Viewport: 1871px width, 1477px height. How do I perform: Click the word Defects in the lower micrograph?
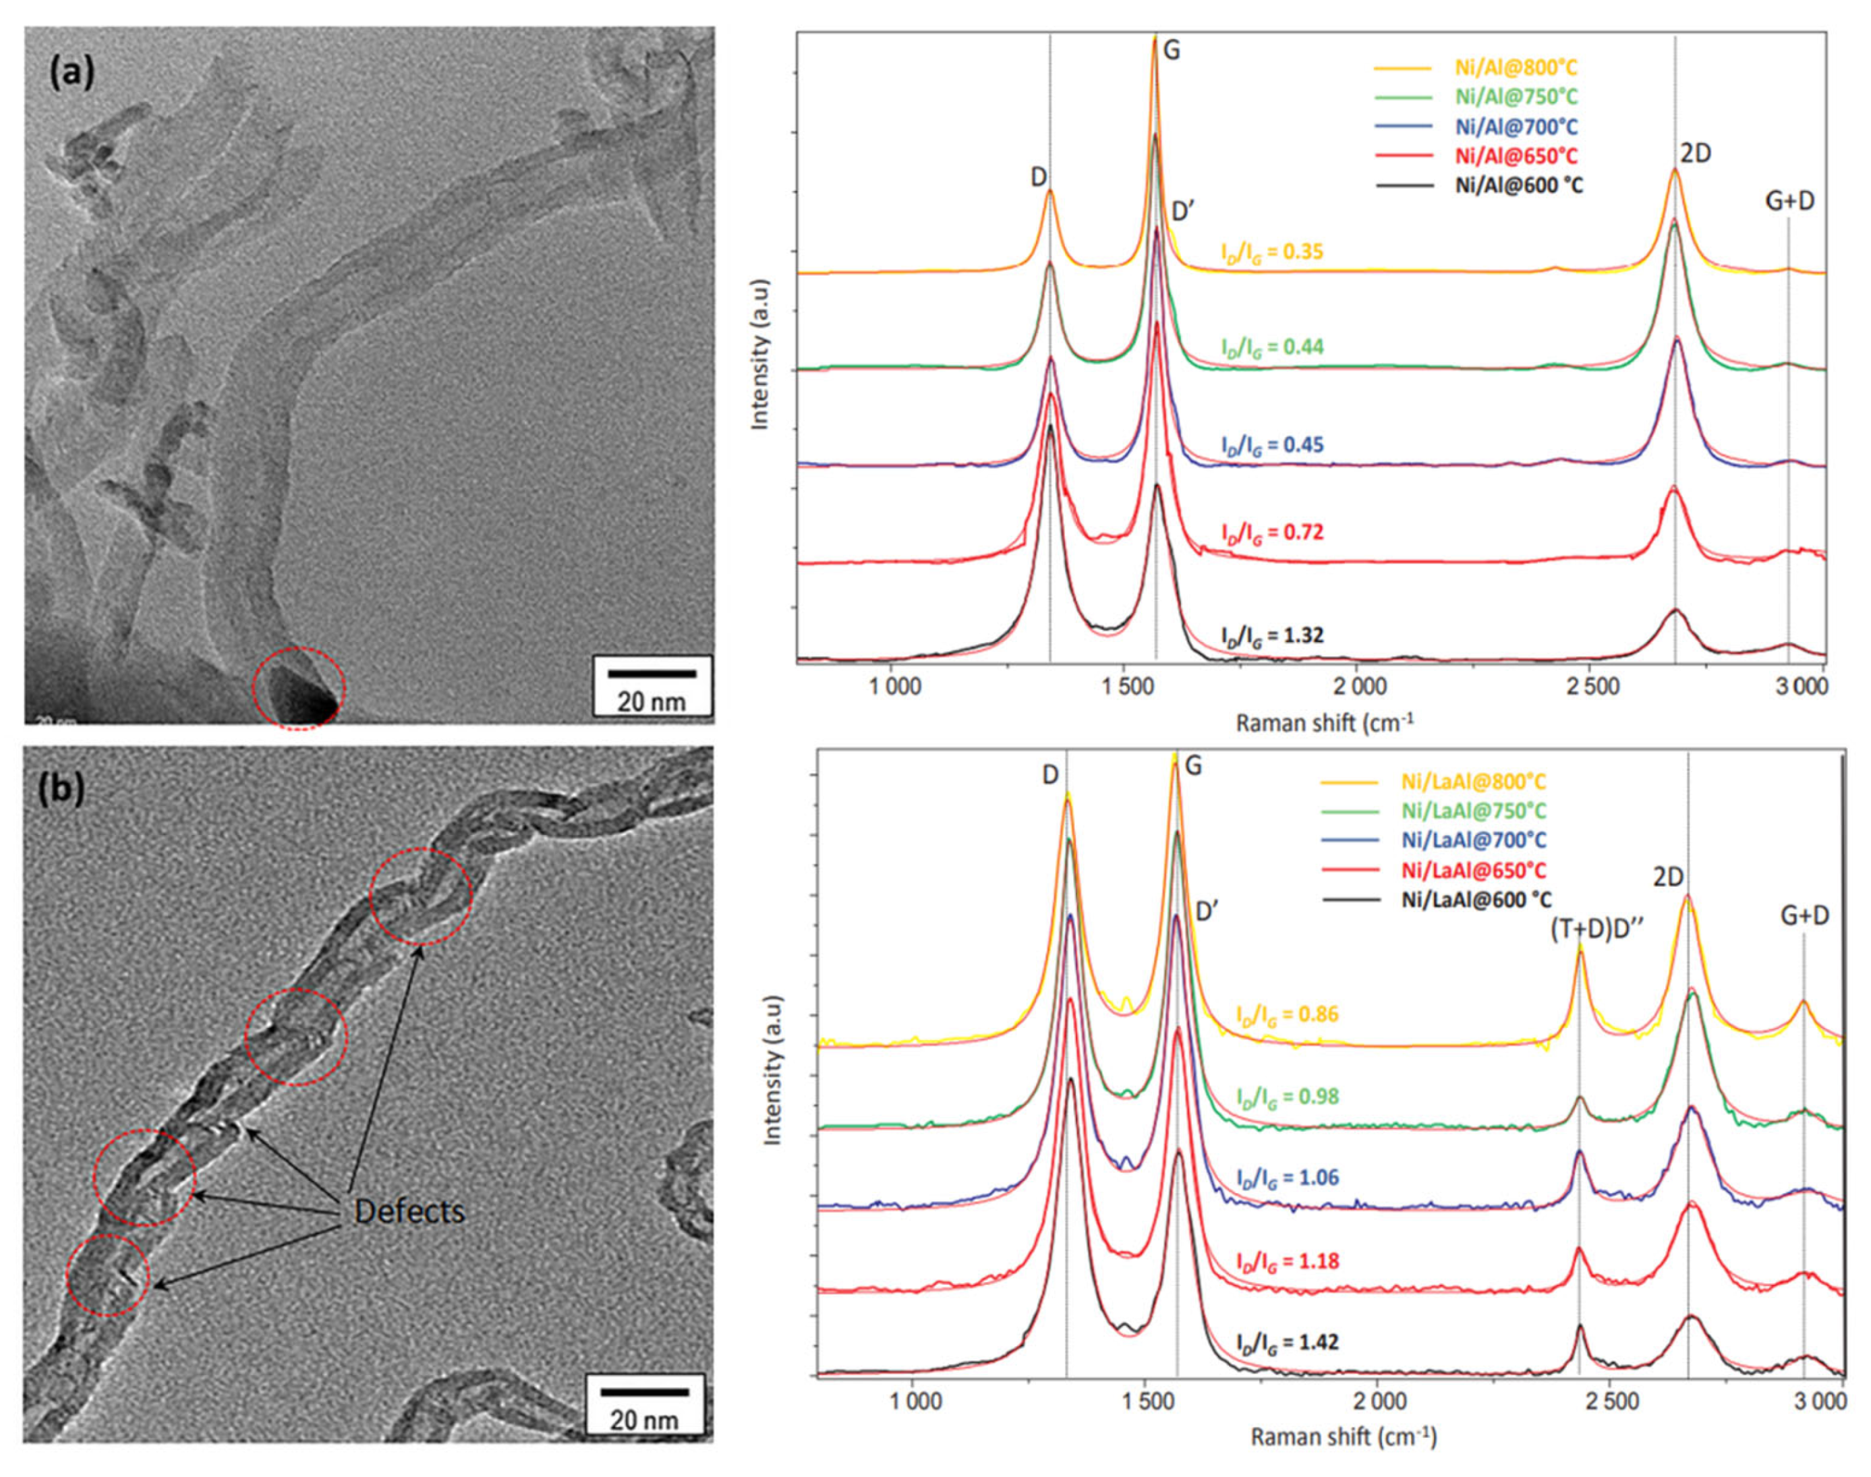pyautogui.click(x=410, y=1211)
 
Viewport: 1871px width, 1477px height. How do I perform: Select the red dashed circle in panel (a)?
pyautogui.click(x=298, y=687)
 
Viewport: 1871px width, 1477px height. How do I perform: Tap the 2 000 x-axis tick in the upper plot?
pyautogui.click(x=1356, y=687)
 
